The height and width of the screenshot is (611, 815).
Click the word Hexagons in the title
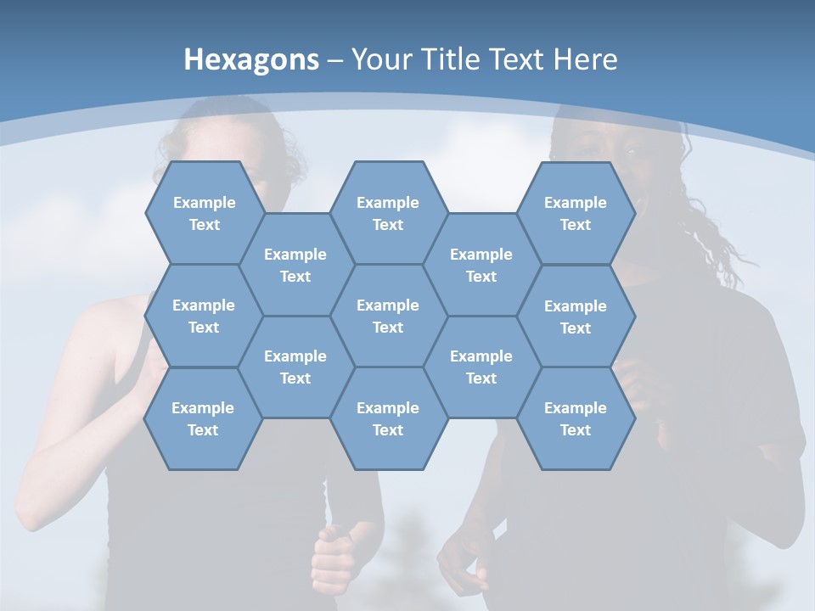(251, 59)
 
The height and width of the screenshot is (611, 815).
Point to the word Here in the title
(586, 59)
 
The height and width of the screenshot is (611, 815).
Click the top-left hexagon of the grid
(204, 213)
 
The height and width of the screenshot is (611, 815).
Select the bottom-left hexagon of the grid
(203, 418)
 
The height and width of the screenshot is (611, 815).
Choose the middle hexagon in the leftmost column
(204, 316)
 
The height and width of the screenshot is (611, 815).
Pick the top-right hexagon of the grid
(576, 213)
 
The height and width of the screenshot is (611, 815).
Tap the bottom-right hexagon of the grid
(576, 418)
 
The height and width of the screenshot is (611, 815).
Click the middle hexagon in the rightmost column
(576, 317)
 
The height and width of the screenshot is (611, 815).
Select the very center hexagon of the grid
(388, 316)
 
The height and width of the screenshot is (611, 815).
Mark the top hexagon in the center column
(388, 213)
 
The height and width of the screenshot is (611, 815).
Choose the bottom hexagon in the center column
(388, 418)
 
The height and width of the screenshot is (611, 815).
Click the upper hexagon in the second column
(295, 265)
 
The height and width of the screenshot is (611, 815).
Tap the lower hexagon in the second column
(295, 367)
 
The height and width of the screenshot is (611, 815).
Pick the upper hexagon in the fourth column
(481, 265)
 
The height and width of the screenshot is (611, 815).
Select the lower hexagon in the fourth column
(481, 367)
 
